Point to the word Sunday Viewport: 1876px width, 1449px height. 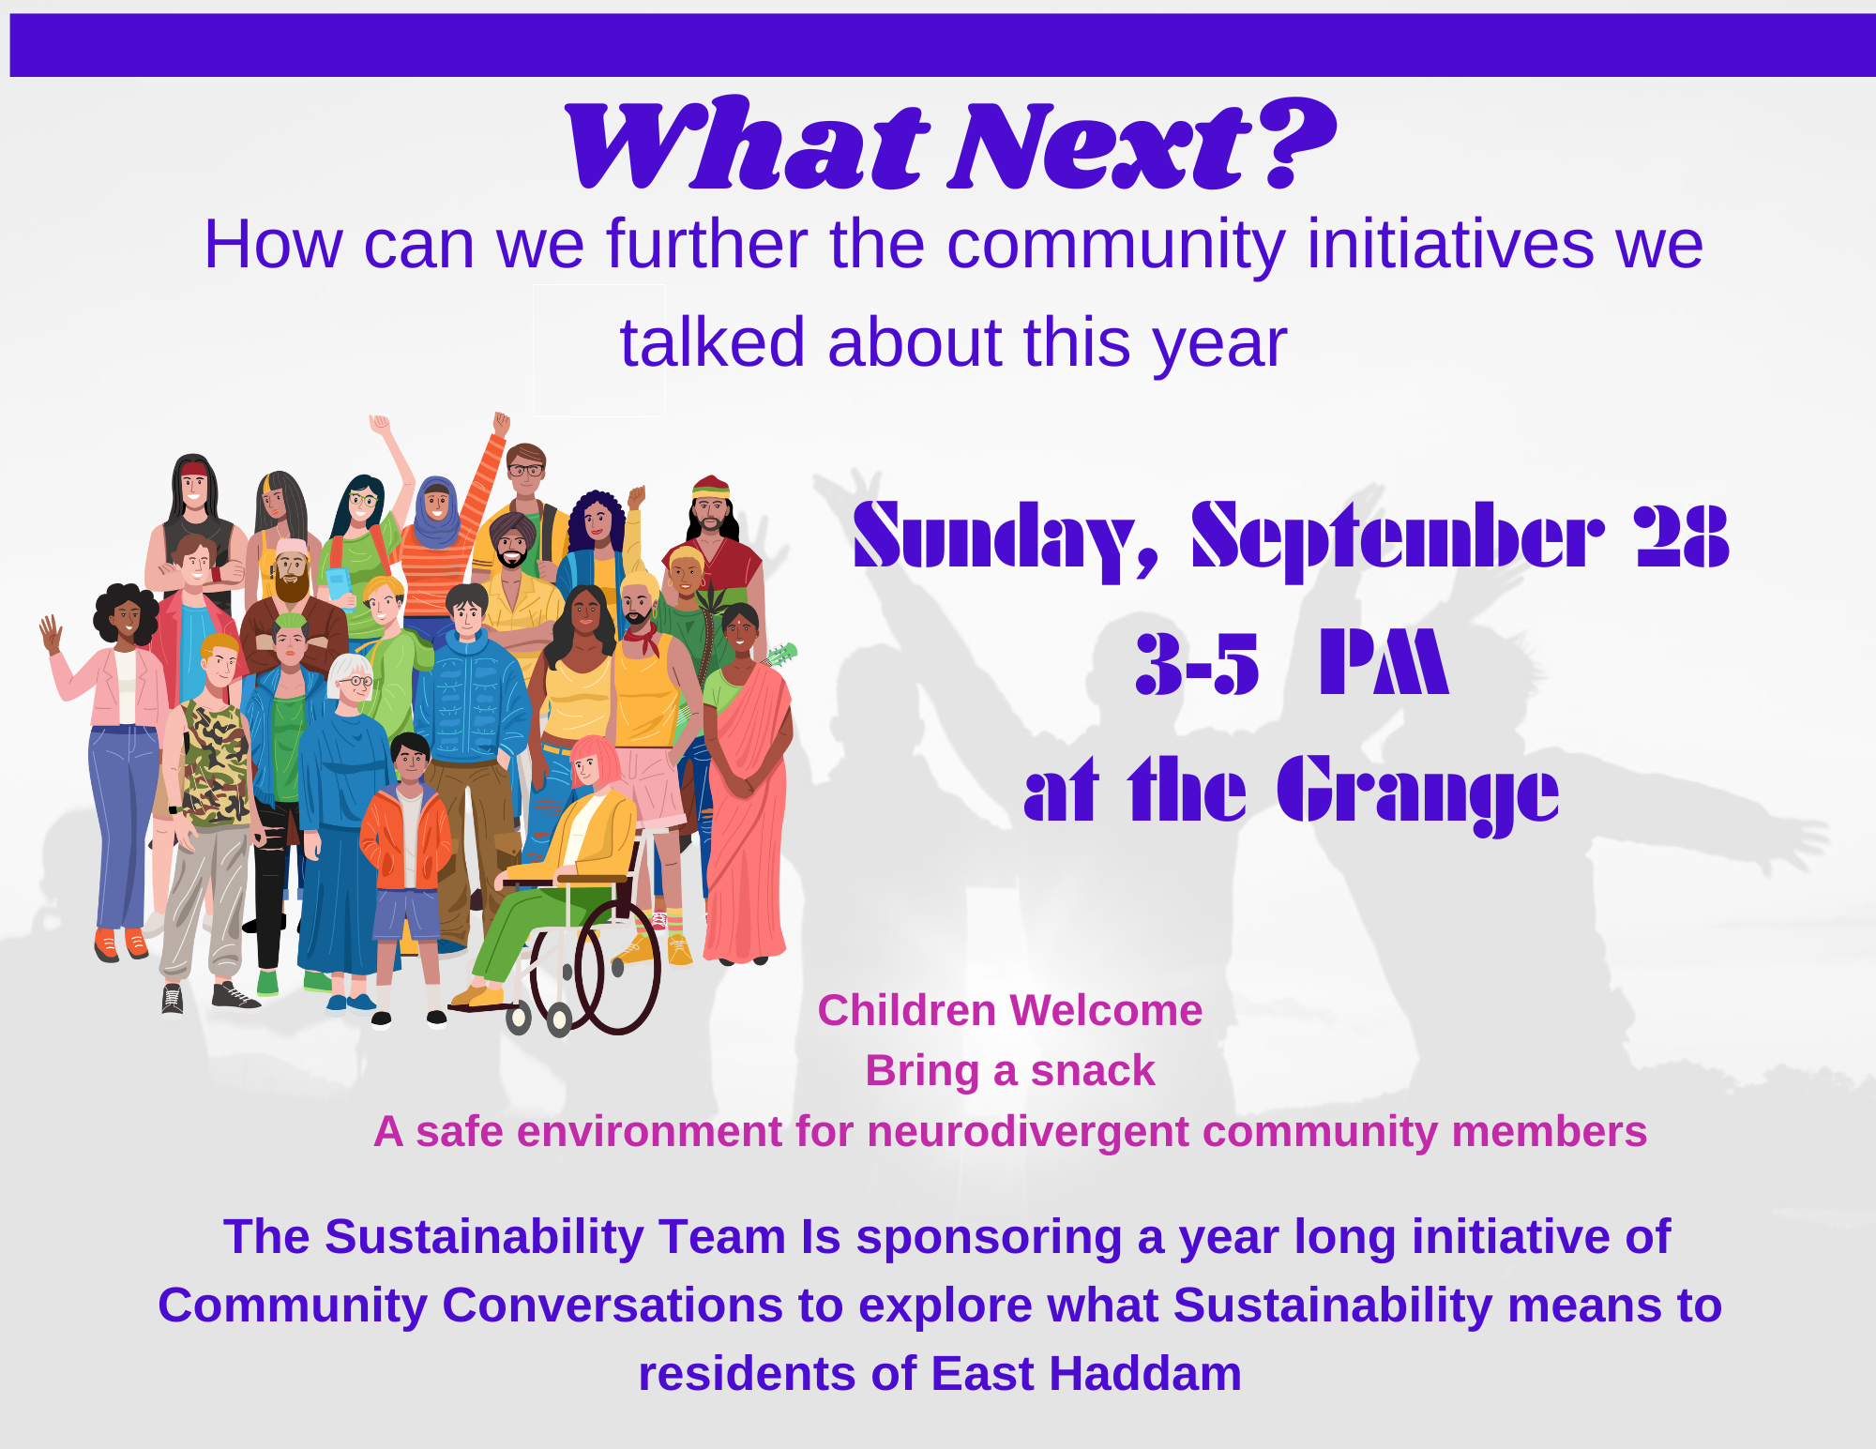1005,540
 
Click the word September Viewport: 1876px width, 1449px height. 1398,540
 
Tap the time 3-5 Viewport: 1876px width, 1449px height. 1197,663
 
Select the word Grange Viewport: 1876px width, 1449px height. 1417,793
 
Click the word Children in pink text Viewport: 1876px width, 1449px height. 906,1011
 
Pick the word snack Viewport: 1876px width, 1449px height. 1093,1071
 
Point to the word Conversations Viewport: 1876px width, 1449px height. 613,1306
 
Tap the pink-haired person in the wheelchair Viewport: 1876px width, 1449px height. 553,872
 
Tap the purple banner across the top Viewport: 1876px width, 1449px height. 943,45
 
